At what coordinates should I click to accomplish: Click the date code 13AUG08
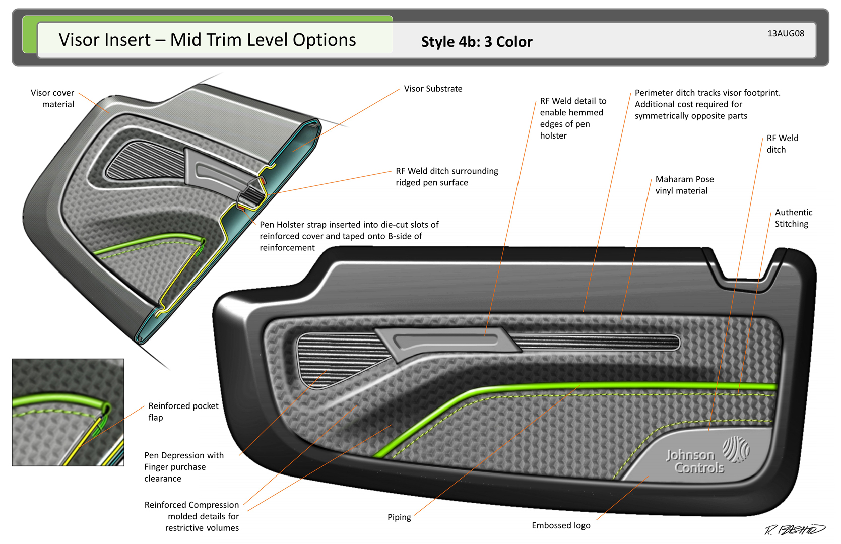point(786,33)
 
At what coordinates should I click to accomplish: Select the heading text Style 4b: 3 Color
point(476,42)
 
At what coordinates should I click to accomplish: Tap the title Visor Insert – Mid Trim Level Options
point(207,40)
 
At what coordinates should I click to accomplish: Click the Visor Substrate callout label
point(433,89)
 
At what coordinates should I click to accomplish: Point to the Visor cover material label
point(52,98)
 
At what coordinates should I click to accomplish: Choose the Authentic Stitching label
point(793,218)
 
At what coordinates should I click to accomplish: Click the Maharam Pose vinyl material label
point(684,185)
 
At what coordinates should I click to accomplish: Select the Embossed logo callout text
point(561,525)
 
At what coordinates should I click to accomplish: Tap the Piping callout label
point(399,517)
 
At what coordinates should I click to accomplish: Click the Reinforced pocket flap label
point(183,412)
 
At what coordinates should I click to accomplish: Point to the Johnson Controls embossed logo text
point(695,461)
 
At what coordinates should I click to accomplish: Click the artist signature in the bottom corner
point(795,529)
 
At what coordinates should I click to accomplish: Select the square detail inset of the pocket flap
point(68,412)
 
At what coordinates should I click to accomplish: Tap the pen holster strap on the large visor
point(446,340)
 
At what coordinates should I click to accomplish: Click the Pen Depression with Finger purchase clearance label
point(183,467)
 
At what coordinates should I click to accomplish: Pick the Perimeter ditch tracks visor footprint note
point(707,104)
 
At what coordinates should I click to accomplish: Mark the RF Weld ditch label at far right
point(782,144)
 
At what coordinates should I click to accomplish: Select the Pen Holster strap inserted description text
point(349,236)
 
